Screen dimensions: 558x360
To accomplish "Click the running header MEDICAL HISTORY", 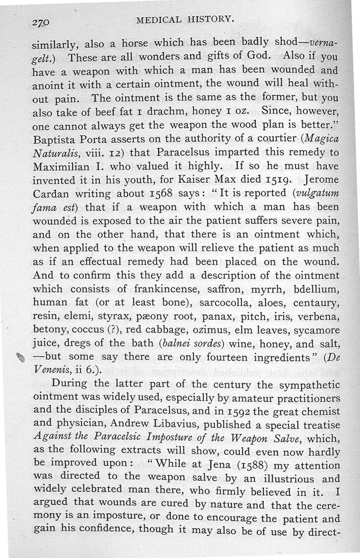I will [185, 19].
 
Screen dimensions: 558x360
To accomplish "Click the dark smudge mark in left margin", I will [19, 357].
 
